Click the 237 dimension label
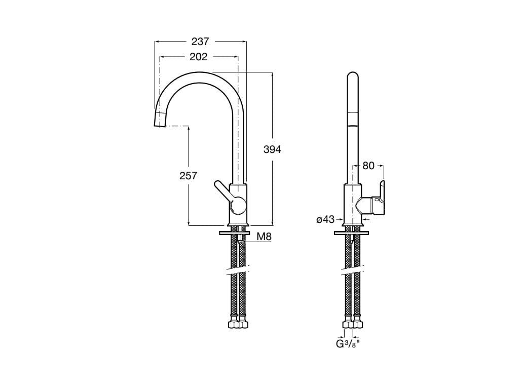coord(200,42)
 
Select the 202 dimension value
coord(198,57)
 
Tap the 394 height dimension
coord(272,149)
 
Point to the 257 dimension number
coord(188,176)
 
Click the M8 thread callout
coord(264,237)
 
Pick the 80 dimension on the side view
coord(368,165)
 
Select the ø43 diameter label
coord(325,219)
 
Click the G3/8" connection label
coord(349,344)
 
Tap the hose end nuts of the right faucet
coord(353,324)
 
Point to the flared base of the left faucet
coord(238,223)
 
